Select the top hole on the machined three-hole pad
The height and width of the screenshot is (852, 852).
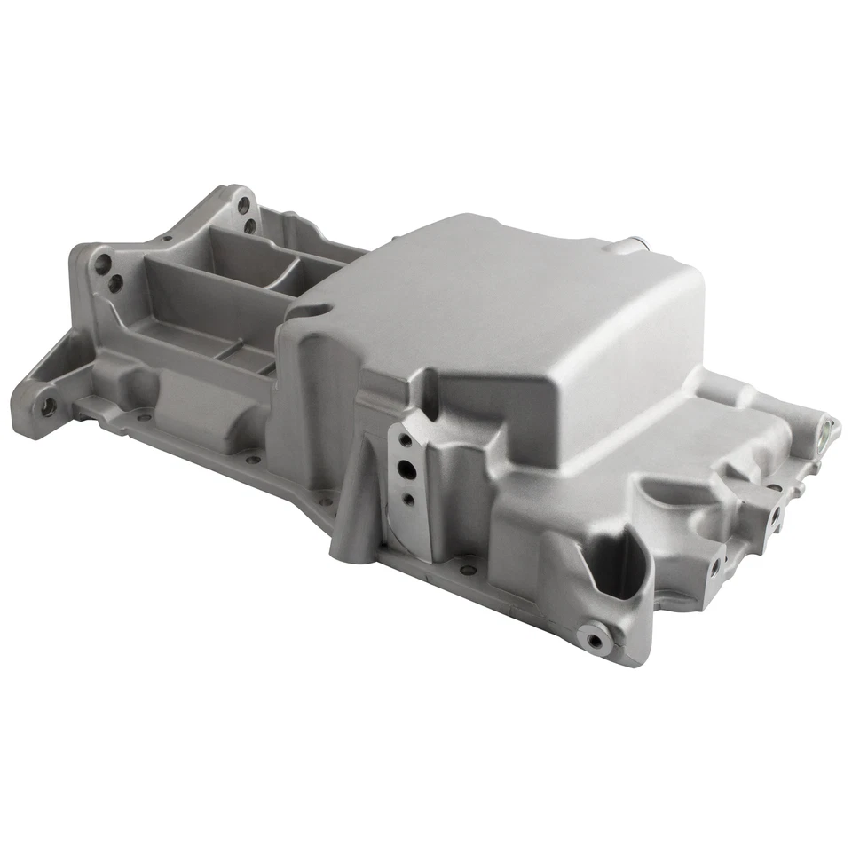(404, 440)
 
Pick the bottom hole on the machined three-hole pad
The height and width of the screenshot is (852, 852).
(408, 500)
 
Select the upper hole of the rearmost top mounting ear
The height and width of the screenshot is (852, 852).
(242, 205)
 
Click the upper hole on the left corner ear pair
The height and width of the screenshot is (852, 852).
(105, 263)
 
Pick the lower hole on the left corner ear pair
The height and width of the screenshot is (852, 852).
(114, 285)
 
